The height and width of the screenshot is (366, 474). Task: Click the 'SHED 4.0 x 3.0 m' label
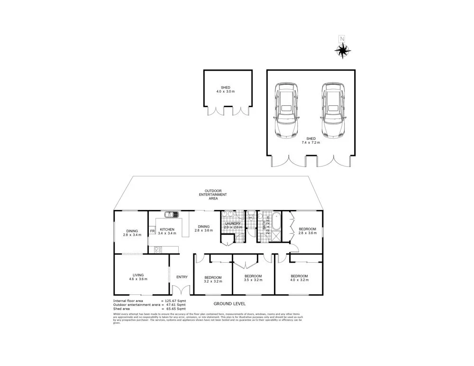(x=225, y=90)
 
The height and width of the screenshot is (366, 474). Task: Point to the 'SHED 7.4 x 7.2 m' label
(x=310, y=140)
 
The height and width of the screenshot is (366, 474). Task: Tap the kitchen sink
(x=170, y=215)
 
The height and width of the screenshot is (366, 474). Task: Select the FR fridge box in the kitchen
(x=152, y=231)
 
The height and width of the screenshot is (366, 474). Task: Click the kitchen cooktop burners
(x=158, y=249)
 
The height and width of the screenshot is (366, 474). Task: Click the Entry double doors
(x=181, y=290)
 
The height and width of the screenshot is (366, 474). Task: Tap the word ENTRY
(x=182, y=277)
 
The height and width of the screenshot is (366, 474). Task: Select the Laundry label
(x=233, y=223)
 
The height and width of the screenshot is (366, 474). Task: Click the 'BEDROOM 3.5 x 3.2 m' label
(x=253, y=278)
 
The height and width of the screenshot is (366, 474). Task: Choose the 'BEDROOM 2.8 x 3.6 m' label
(x=307, y=231)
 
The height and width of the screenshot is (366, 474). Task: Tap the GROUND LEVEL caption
(x=229, y=303)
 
